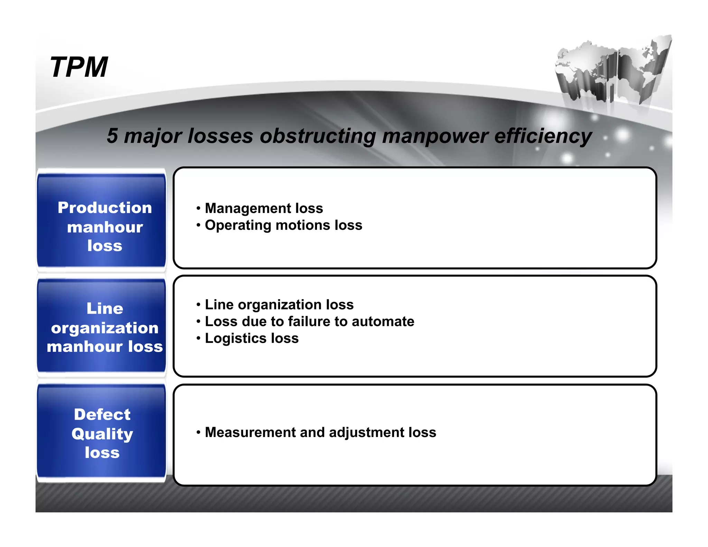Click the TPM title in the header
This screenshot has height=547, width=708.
[79, 67]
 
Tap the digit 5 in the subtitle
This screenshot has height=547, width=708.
[112, 136]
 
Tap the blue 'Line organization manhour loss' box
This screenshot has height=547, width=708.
[102, 326]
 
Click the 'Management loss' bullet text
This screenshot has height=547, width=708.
[264, 208]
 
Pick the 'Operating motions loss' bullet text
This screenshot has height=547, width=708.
[283, 225]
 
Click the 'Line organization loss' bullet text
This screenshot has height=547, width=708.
[279, 305]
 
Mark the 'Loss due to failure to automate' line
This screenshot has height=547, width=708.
[309, 322]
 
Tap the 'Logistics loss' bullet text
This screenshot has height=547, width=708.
[252, 338]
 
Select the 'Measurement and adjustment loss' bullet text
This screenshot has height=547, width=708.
[320, 432]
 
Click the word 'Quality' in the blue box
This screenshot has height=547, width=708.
[102, 434]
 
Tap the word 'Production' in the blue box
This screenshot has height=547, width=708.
[105, 208]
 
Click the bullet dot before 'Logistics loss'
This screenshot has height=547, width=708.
[198, 338]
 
